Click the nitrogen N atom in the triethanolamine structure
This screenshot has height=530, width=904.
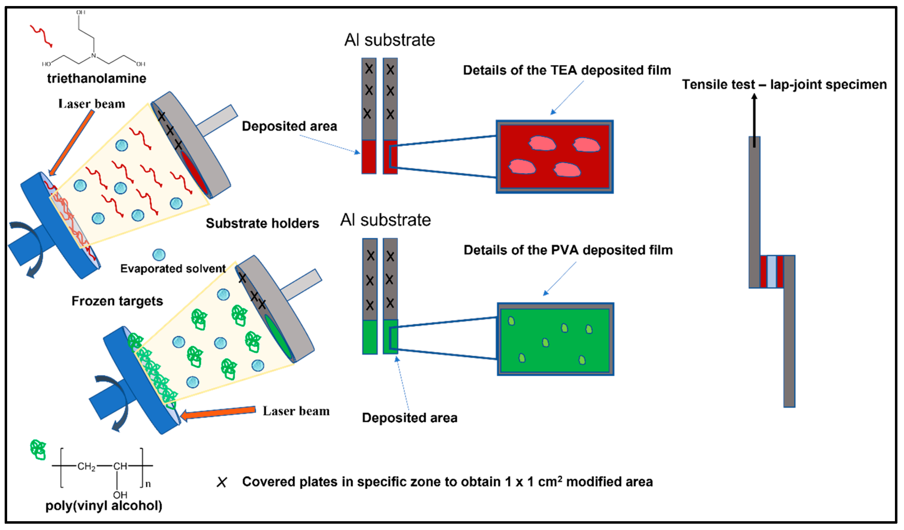coord(94,56)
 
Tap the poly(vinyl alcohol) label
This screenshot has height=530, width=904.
coord(104,506)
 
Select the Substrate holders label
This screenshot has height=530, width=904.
coord(262,223)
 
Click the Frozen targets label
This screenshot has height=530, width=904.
coord(117,301)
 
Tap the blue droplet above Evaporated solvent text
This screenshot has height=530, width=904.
coord(159,255)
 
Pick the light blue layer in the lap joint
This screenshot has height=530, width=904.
coord(771,271)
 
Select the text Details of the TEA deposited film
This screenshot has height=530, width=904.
coord(567,70)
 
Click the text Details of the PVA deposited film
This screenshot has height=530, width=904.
coord(568,250)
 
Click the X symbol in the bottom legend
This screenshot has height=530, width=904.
coord(222,482)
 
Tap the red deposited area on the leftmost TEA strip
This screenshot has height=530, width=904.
coord(369,157)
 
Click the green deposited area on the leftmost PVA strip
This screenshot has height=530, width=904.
coord(370,337)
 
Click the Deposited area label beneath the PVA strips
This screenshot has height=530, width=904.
coord(409,418)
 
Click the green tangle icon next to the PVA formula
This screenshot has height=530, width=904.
coord(38,449)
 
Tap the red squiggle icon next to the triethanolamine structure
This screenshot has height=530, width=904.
coord(41,36)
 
